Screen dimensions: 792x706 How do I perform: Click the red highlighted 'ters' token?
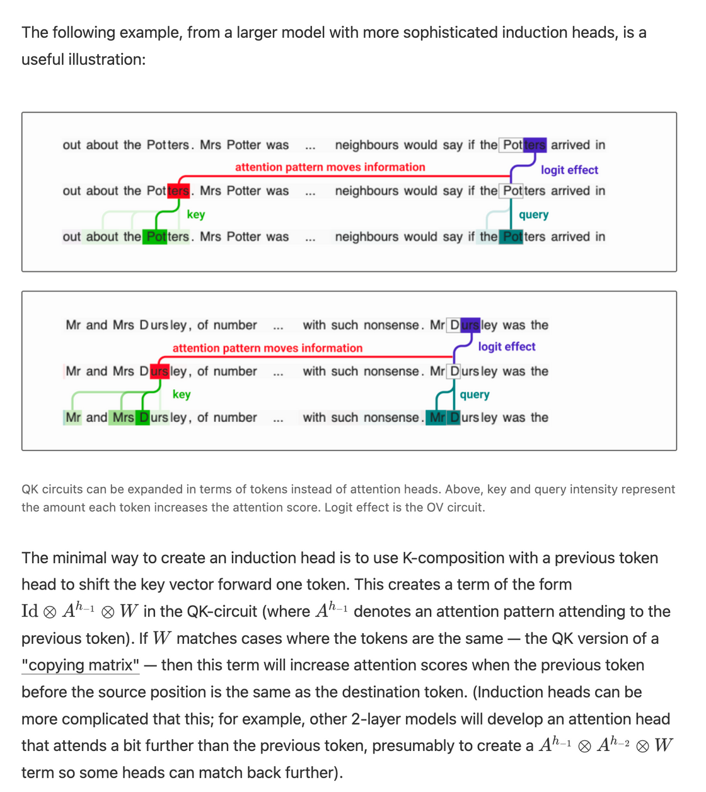178,190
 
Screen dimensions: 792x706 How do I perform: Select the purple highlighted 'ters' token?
535,144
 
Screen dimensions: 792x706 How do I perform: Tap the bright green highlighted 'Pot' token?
155,236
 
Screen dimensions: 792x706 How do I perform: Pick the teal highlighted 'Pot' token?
511,236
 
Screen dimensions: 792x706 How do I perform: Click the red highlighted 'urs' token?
159,371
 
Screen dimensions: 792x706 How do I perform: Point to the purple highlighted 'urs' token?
470,325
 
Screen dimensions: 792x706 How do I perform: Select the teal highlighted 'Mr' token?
437,417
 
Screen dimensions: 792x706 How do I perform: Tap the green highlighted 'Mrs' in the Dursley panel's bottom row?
123,417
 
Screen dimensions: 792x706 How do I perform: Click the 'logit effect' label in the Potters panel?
569,170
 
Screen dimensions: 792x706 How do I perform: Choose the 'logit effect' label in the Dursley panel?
506,346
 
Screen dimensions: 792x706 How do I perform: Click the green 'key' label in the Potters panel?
196,214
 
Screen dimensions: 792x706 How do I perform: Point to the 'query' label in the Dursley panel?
475,394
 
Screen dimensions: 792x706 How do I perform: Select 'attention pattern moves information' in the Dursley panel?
267,347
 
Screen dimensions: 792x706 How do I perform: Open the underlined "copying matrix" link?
81,665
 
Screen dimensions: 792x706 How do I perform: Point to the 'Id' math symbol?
30,611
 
